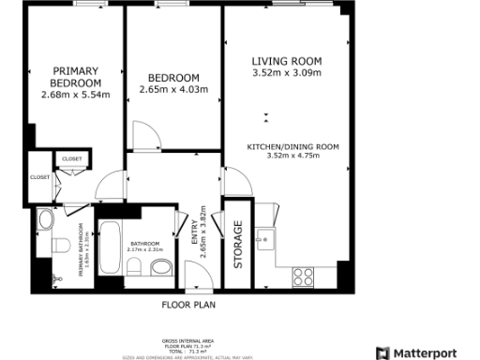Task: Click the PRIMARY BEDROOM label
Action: coord(75,77)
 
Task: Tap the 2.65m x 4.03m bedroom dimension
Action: coord(172,90)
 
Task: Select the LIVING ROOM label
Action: coord(286,62)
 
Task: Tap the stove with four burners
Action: coord(303,276)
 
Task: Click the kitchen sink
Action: coord(266,234)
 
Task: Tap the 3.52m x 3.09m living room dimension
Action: coord(286,73)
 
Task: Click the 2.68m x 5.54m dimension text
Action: coord(80,95)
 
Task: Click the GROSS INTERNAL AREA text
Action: coord(188,340)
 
